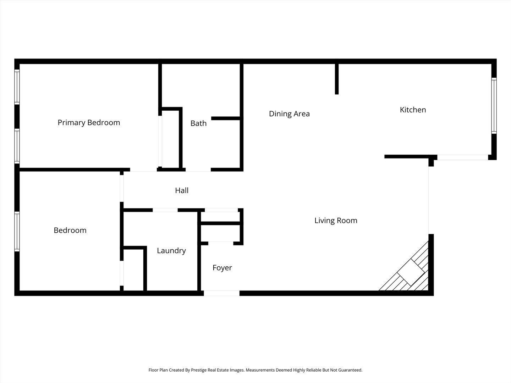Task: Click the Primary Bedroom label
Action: (89, 123)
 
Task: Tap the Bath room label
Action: (198, 123)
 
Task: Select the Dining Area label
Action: (289, 114)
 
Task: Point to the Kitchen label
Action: (413, 110)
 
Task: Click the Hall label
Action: (182, 190)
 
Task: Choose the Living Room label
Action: (336, 221)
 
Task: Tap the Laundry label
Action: (171, 251)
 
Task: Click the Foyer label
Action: (222, 268)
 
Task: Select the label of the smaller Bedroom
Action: (70, 231)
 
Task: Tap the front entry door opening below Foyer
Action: (221, 293)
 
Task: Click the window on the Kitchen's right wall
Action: (494, 105)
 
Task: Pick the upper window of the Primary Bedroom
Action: (17, 87)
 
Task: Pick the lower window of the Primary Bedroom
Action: (17, 145)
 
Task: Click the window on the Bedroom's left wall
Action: (17, 231)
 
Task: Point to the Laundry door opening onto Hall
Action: (165, 210)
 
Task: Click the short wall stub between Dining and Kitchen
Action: (337, 79)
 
